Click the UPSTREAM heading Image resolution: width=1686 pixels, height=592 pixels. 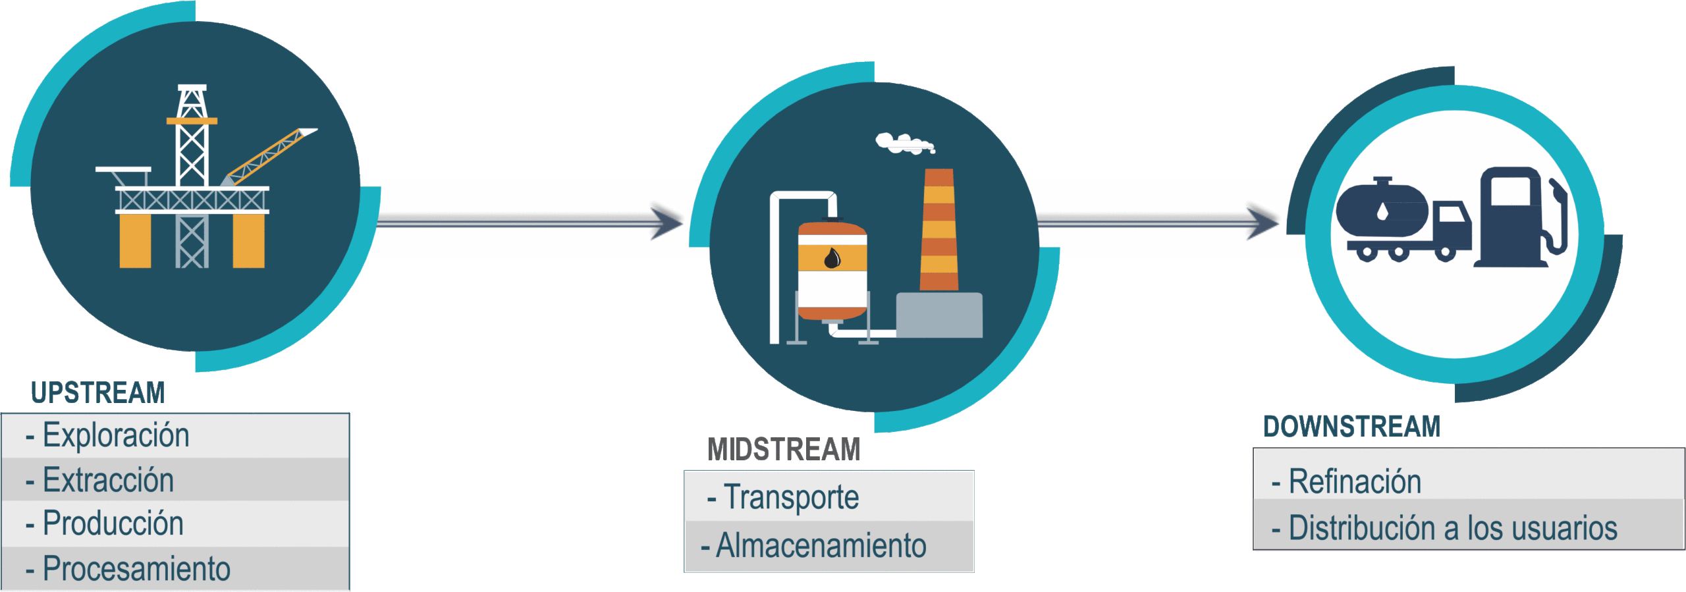pyautogui.click(x=97, y=392)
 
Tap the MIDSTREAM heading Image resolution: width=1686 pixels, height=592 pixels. pyautogui.click(x=784, y=450)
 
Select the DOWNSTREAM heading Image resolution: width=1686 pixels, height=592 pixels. pyautogui.click(x=1351, y=427)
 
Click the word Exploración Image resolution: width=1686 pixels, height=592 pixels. pyautogui.click(x=116, y=435)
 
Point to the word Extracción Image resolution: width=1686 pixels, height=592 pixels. pyautogui.click(x=108, y=480)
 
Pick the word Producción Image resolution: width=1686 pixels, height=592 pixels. pyautogui.click(x=113, y=524)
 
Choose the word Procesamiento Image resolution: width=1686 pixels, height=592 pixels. pyautogui.click(x=136, y=569)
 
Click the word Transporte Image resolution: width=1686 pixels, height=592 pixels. pyautogui.click(x=791, y=497)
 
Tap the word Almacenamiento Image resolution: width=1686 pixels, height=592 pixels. pyautogui.click(x=821, y=546)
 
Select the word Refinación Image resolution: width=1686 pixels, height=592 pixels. pyautogui.click(x=1355, y=481)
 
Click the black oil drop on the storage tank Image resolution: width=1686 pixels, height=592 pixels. pyautogui.click(x=832, y=258)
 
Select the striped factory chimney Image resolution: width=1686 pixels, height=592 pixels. pyautogui.click(x=938, y=230)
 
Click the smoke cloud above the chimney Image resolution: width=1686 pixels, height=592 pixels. pyautogui.click(x=904, y=143)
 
